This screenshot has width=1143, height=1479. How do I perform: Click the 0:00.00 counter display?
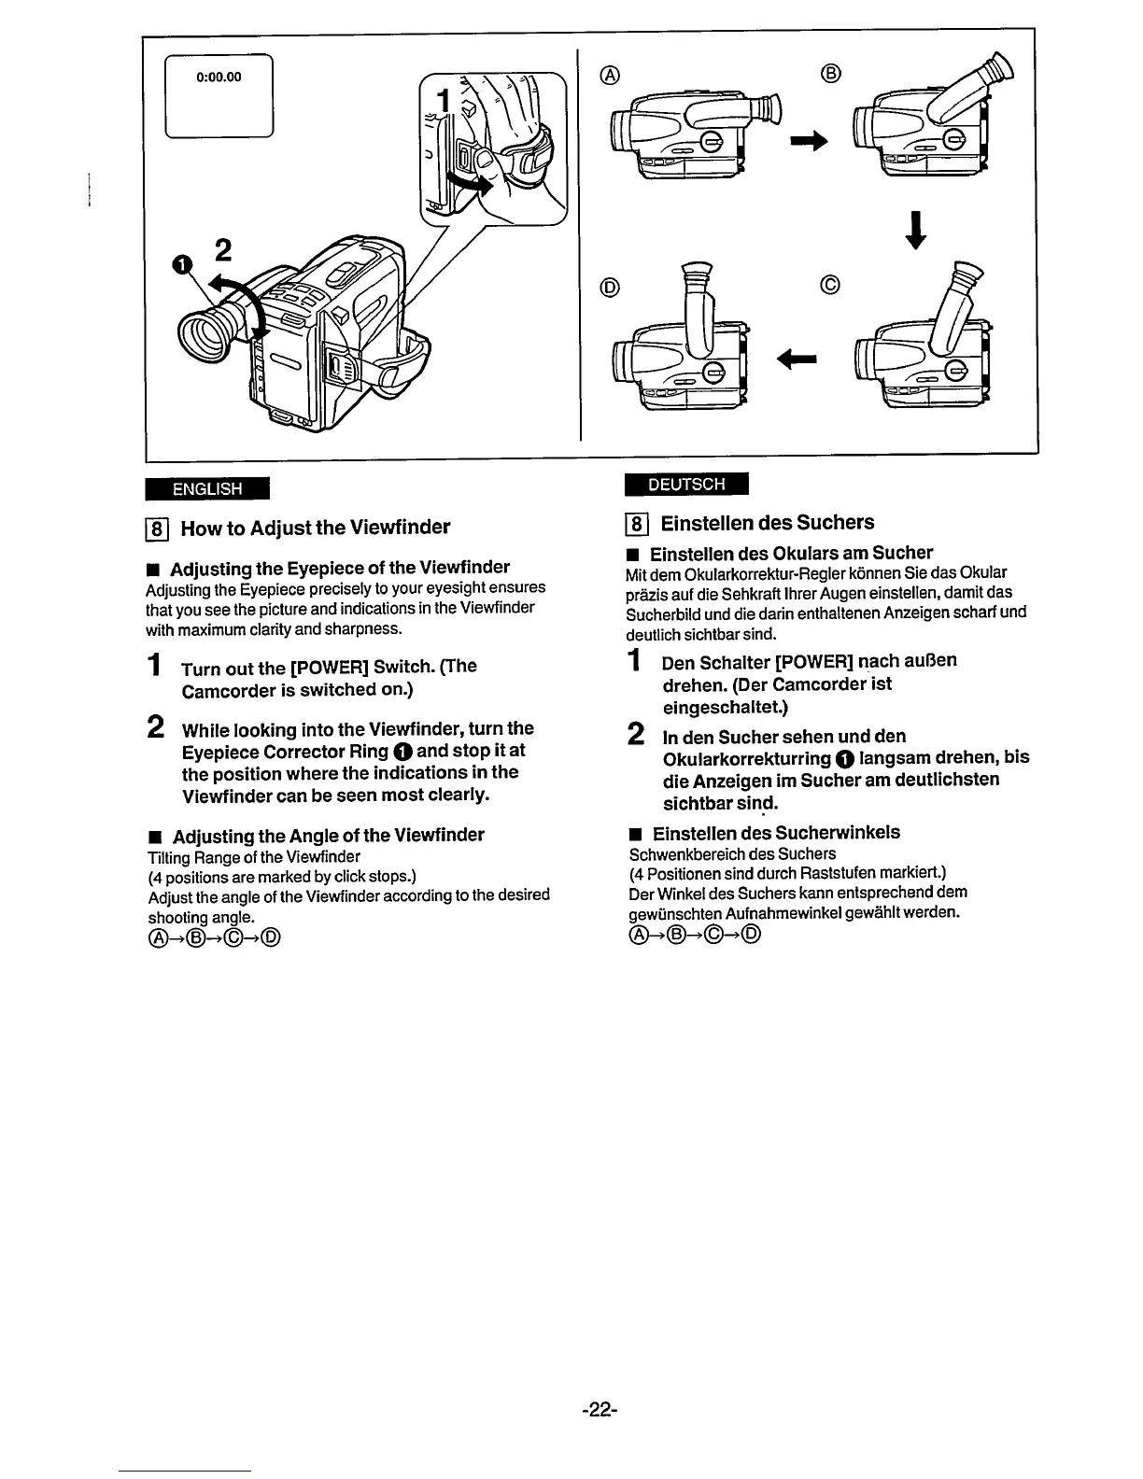point(219,77)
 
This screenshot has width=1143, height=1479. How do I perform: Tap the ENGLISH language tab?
point(206,488)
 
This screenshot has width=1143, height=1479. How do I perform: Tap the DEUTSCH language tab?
point(686,484)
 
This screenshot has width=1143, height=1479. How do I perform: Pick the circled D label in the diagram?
point(609,287)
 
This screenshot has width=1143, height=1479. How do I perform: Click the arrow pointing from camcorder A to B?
point(809,141)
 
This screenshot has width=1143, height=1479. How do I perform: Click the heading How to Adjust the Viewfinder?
point(315,528)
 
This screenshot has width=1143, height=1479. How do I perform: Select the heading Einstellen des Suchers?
point(767,522)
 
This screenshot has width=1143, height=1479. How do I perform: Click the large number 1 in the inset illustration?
point(445,101)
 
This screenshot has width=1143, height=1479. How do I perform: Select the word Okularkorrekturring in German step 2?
point(746,757)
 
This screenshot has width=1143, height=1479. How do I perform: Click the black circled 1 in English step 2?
point(401,752)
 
